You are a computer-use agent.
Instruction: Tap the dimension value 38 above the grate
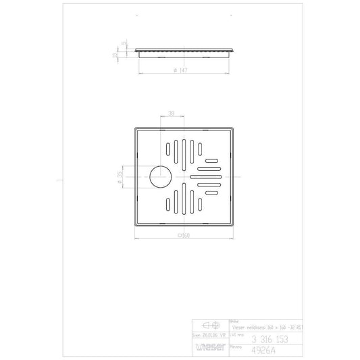[172, 115]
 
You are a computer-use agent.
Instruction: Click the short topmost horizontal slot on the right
[212, 160]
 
